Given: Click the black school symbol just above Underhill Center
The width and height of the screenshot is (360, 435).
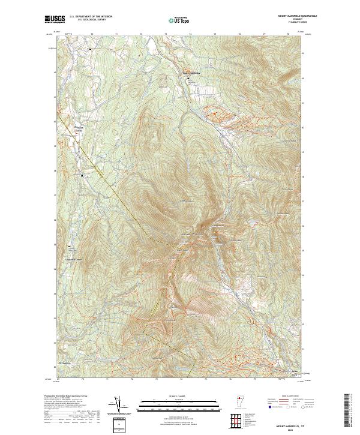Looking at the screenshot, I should [x=70, y=247].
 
